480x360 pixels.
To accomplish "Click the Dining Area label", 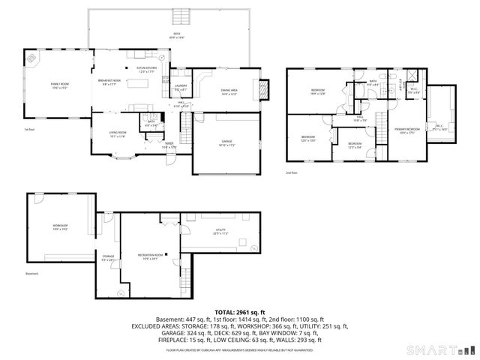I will pos(229,91).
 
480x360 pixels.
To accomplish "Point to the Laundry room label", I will pos(181,87).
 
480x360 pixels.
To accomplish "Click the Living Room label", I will pos(118,134).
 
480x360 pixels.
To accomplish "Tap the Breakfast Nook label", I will pos(110,81).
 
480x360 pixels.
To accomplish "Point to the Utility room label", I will pos(220,232).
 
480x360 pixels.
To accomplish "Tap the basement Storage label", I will pos(109,257).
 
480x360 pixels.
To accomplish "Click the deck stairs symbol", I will pos(180,17).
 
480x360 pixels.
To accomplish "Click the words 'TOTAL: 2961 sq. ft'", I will pos(239,312).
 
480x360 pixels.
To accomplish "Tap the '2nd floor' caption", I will pos(290,172).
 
